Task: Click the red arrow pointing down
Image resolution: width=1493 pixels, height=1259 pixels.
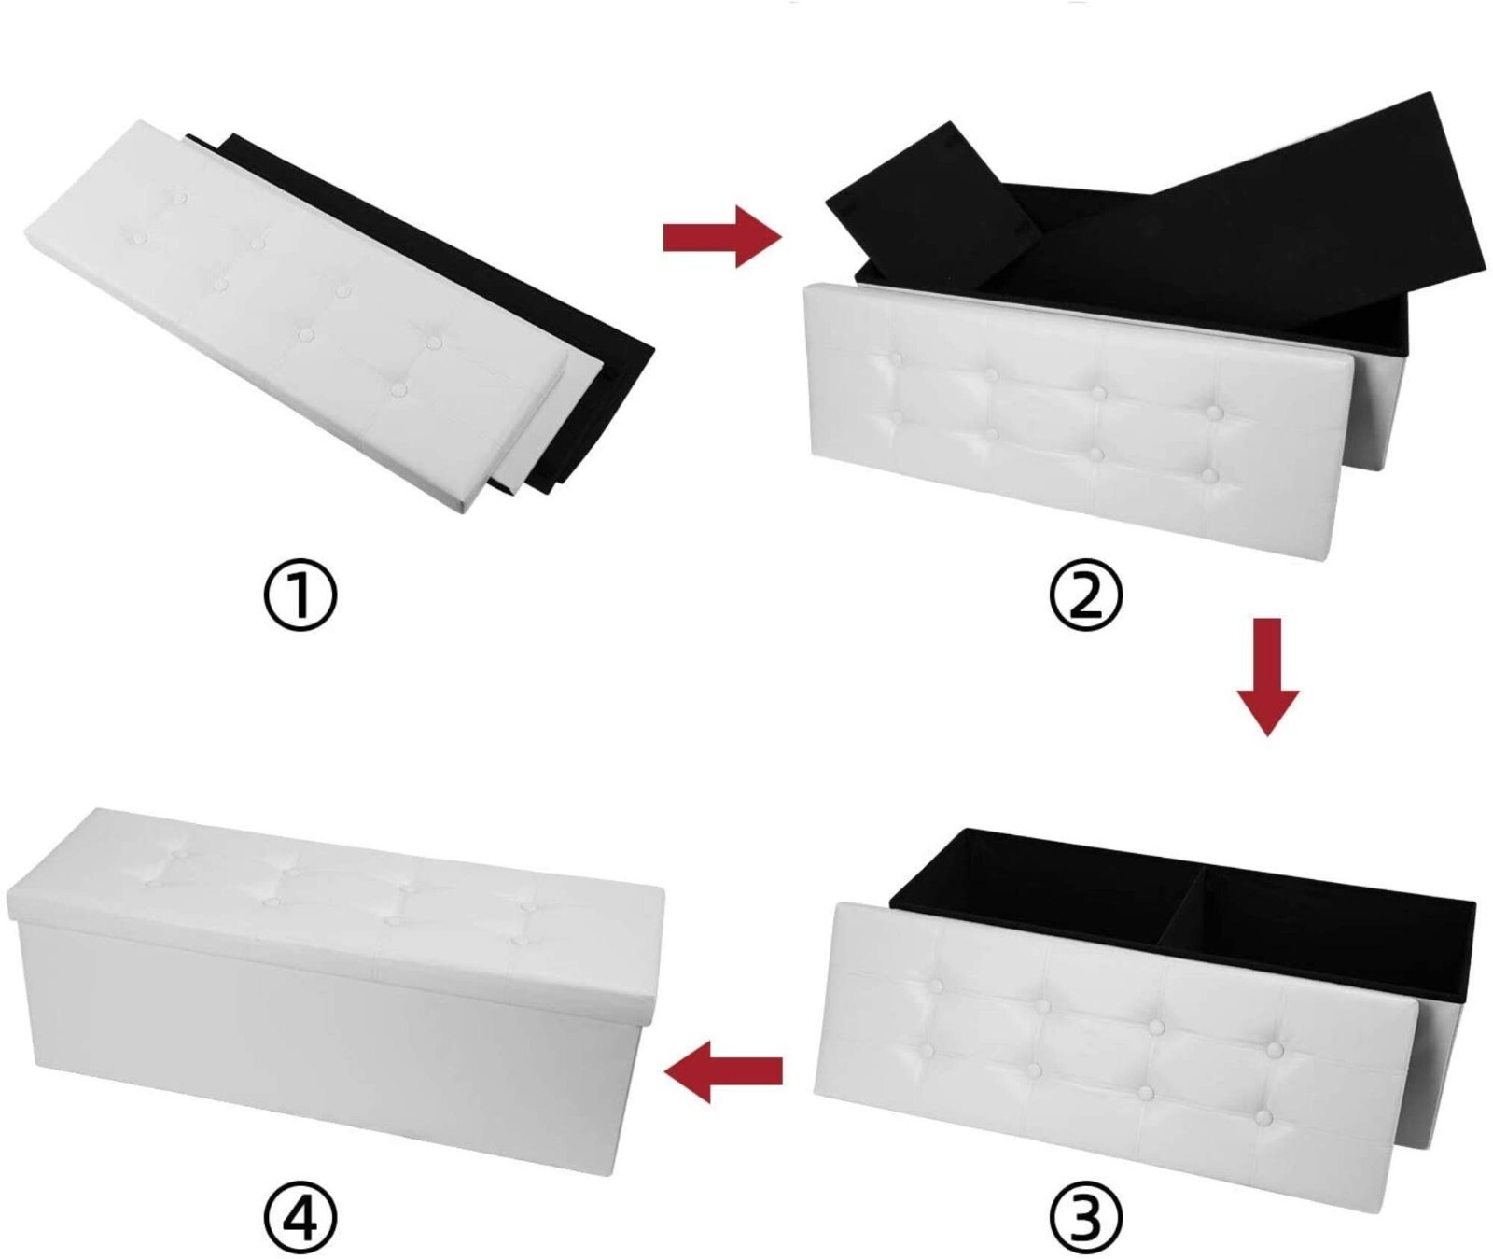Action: coord(1267,676)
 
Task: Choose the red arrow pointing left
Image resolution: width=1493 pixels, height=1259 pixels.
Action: coord(723,1070)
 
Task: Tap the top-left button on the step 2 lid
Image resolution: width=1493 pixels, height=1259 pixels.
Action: coord(897,358)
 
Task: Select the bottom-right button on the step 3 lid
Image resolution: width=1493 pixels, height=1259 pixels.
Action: coord(1265,1116)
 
